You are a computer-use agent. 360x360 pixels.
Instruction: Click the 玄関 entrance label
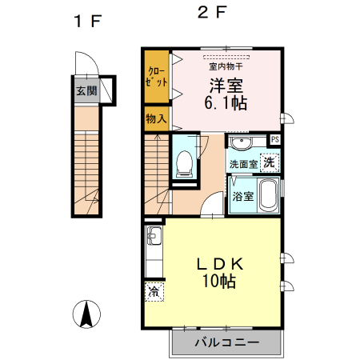point(86,90)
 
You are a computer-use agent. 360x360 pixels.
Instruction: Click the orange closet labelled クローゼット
point(157,77)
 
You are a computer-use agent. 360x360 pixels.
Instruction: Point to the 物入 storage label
point(156,118)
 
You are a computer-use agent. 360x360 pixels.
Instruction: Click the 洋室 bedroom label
point(226,85)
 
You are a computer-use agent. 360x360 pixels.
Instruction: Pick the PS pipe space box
point(274,140)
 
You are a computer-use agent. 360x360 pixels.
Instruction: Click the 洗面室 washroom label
point(242,163)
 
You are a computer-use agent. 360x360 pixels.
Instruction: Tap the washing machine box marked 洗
point(270,162)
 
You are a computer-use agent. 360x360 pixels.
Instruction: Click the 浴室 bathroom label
point(243,196)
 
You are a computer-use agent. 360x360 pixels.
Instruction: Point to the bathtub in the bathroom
point(268,195)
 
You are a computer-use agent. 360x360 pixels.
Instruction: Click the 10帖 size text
point(218,282)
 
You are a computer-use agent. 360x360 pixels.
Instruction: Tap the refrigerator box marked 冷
point(153,293)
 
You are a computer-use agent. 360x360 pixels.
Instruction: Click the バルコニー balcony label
point(226,343)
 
